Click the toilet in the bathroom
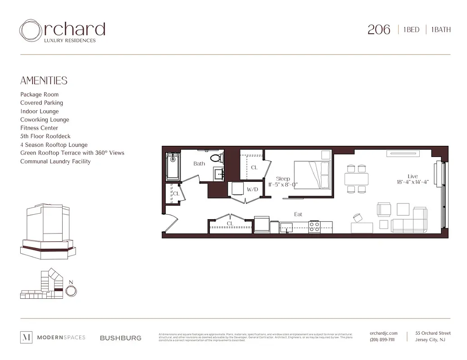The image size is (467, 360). (x=217, y=158)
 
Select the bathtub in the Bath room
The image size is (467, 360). (x=172, y=166)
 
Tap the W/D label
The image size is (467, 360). (x=252, y=189)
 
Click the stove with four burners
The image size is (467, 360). (x=314, y=227)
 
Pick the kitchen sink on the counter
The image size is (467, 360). (x=286, y=227)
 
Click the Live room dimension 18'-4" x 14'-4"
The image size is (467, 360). (x=413, y=182)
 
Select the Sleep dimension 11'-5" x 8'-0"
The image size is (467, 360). (x=283, y=184)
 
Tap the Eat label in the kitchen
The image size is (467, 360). (x=298, y=214)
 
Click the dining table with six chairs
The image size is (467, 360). (x=356, y=179)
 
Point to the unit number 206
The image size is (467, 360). (x=379, y=30)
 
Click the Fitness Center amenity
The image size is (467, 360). (x=39, y=128)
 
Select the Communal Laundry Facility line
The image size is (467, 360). (x=55, y=162)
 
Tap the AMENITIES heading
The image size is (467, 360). (x=44, y=81)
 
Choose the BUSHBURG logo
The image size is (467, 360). (x=120, y=338)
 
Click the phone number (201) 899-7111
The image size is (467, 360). (x=382, y=340)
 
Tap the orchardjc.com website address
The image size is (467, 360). (x=383, y=333)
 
